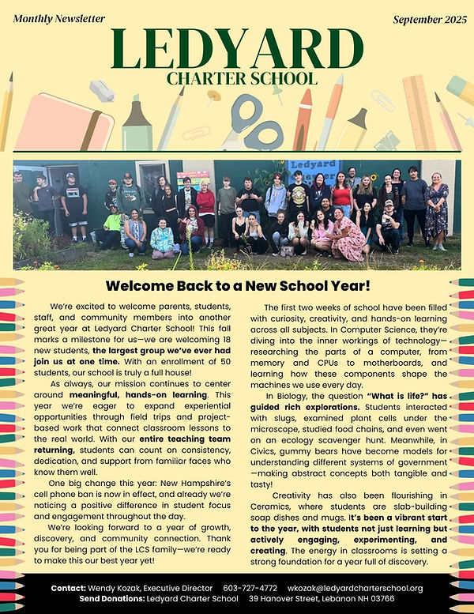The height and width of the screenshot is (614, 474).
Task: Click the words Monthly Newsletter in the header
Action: pyautogui.click(x=59, y=17)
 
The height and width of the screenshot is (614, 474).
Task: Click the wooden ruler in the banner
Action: pyautogui.click(x=419, y=111)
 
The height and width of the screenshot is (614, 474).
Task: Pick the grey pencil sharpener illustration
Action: pyautogui.click(x=101, y=91)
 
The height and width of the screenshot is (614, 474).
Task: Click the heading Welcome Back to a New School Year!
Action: pyautogui.click(x=236, y=285)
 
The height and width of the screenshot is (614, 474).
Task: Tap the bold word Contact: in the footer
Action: pyautogui.click(x=74, y=588)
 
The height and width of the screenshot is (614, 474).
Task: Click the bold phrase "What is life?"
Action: pyautogui.click(x=374, y=396)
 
